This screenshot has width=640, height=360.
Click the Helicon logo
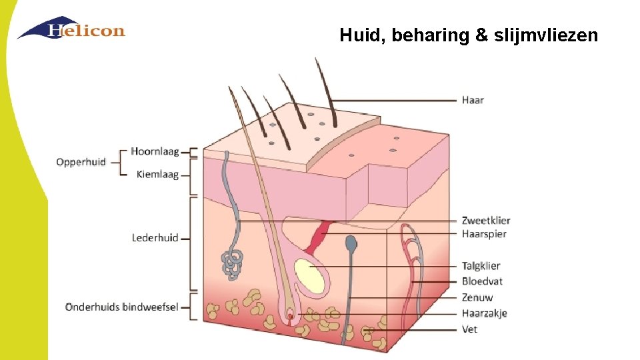[71, 29]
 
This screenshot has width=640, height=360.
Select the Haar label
[473, 100]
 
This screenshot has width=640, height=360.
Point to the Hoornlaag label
[155, 151]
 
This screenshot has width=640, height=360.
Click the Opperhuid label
[81, 162]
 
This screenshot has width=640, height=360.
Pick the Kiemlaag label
[157, 175]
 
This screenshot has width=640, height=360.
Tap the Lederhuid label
[155, 237]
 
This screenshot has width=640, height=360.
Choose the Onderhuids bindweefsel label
[121, 307]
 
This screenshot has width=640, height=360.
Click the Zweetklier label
[486, 221]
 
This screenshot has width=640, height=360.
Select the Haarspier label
[484, 234]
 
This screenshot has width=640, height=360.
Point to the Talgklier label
[481, 266]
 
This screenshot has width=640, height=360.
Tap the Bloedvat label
[481, 281]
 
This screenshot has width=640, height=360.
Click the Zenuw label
[477, 297]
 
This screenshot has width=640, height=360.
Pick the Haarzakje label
[484, 313]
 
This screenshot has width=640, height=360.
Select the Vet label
[469, 329]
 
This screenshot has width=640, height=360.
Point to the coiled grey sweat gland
[233, 262]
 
